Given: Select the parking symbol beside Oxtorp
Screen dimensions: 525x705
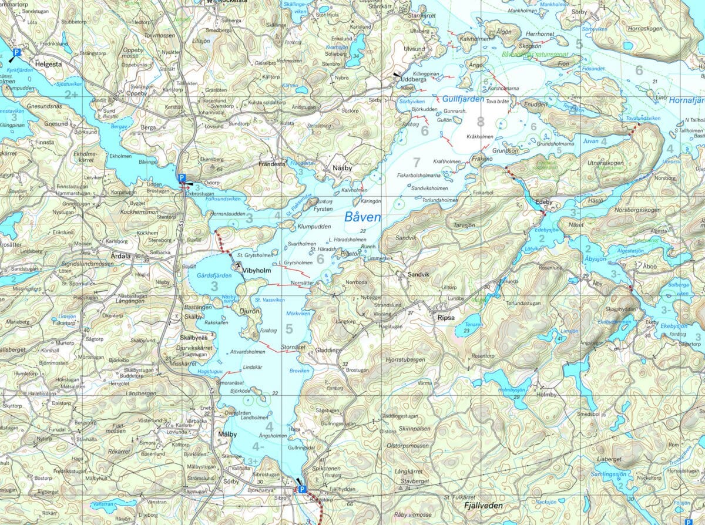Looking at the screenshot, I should point(182,177).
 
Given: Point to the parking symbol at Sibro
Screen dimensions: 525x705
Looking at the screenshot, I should point(302,489).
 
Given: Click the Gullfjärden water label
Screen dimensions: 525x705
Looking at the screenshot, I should point(459,99).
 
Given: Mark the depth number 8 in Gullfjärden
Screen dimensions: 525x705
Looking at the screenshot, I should point(481,122).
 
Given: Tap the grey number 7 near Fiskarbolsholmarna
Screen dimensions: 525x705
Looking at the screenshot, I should point(417,162).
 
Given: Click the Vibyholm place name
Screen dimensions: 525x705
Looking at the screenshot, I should point(257,271).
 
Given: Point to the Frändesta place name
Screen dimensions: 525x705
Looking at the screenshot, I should point(272,165).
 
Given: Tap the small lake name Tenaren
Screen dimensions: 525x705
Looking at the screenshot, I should point(473,324).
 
